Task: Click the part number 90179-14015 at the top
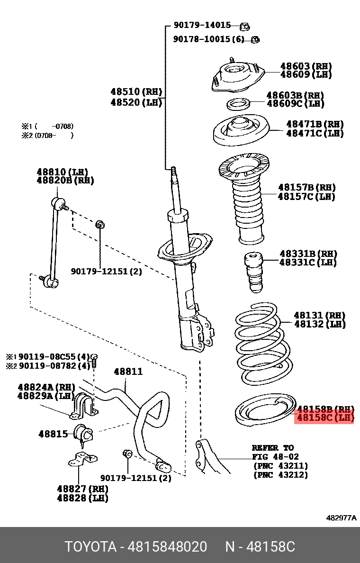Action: point(202,25)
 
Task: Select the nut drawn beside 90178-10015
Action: point(254,39)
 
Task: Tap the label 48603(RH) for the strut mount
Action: point(306,66)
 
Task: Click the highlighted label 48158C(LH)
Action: point(325,418)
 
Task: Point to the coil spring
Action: point(262,344)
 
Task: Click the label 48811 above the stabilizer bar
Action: point(128,372)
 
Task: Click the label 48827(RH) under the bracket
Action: point(82,489)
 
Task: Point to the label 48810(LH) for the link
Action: point(62,172)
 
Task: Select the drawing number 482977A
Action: point(341,518)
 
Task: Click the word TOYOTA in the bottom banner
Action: point(90,547)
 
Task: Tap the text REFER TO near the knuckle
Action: point(272,448)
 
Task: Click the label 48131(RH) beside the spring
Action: point(319,315)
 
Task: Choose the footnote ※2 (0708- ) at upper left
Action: point(47,136)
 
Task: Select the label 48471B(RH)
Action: point(315,124)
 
